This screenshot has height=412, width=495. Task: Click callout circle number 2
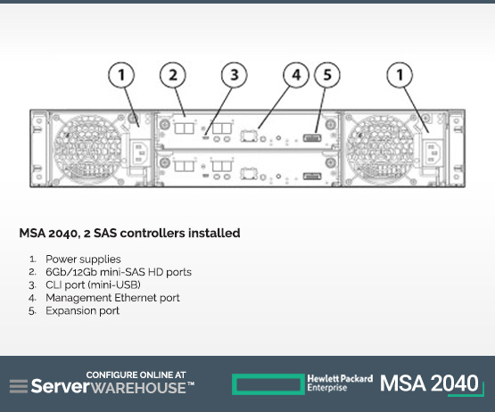click(x=173, y=75)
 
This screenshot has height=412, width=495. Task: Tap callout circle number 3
click(x=235, y=75)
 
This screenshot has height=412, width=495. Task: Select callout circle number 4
click(x=296, y=75)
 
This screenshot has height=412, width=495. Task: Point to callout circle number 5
click(x=327, y=75)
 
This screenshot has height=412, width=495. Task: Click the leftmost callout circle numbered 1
click(x=121, y=75)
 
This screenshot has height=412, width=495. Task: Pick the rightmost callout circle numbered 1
click(x=400, y=75)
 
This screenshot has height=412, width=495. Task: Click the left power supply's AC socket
click(x=141, y=153)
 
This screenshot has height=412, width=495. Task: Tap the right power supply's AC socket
click(x=433, y=153)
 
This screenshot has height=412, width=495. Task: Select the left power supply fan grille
click(x=87, y=148)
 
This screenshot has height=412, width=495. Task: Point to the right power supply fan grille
click(x=380, y=148)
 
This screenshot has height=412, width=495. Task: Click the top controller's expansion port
click(x=312, y=138)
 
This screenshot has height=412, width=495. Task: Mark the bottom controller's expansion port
click(x=312, y=177)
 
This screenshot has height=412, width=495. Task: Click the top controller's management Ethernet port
click(x=249, y=136)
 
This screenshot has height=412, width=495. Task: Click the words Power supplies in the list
click(x=83, y=260)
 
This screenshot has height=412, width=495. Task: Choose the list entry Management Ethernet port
click(x=112, y=298)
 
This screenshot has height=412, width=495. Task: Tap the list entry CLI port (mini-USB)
click(x=93, y=284)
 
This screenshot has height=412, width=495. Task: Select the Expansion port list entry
click(x=82, y=311)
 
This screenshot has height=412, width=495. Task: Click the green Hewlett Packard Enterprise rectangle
click(x=268, y=384)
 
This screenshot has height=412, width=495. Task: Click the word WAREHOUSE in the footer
click(x=138, y=388)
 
